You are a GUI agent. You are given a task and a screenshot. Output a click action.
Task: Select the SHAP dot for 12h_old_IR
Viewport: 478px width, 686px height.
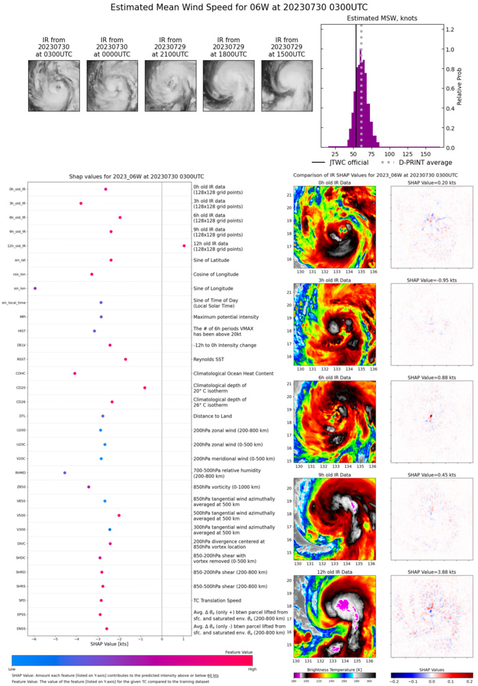coord(184,246)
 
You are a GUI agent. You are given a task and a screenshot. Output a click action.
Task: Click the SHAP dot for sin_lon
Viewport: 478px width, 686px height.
coord(35,289)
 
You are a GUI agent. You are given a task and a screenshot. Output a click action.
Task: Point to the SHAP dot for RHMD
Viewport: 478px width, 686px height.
coord(65,473)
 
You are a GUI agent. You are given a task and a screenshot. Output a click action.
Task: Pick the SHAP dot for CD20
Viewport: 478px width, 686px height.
coord(145,388)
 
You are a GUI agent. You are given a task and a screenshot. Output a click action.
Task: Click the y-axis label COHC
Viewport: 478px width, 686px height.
coord(21,373)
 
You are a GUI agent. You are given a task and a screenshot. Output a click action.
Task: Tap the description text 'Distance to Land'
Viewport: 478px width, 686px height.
coord(213,416)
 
